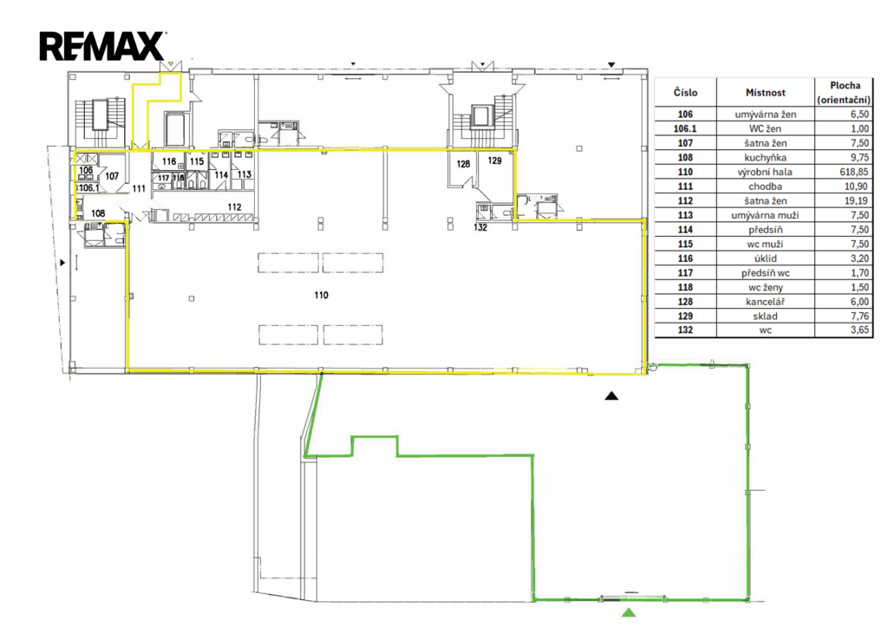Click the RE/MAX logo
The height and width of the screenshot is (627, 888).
pyautogui.click(x=102, y=47)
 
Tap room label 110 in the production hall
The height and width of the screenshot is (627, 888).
pyautogui.click(x=321, y=295)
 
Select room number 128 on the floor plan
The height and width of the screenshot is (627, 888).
pyautogui.click(x=463, y=164)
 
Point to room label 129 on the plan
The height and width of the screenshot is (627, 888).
pyautogui.click(x=495, y=160)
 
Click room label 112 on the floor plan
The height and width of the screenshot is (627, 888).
pyautogui.click(x=234, y=207)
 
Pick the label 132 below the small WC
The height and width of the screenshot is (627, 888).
pyautogui.click(x=480, y=228)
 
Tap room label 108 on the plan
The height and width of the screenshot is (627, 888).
pyautogui.click(x=98, y=213)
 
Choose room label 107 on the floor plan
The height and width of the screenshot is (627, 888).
pyautogui.click(x=112, y=176)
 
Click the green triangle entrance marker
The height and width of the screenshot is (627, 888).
pyautogui.click(x=628, y=612)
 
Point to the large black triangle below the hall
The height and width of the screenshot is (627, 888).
pyautogui.click(x=611, y=396)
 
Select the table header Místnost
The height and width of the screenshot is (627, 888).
pyautogui.click(x=765, y=93)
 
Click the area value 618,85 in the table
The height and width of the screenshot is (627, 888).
pyautogui.click(x=853, y=173)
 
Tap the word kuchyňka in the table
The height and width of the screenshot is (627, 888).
pyautogui.click(x=765, y=158)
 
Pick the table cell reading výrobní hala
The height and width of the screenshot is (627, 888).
pyautogui.click(x=765, y=173)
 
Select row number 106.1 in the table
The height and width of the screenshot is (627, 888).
pyautogui.click(x=685, y=129)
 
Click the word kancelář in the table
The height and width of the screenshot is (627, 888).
pyautogui.click(x=765, y=302)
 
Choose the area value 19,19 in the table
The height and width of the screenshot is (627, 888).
pyautogui.click(x=856, y=201)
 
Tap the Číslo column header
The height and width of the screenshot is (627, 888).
pyautogui.click(x=685, y=93)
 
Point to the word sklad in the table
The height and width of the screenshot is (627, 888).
pyautogui.click(x=765, y=317)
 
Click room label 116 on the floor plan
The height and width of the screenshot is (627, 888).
pyautogui.click(x=169, y=162)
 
